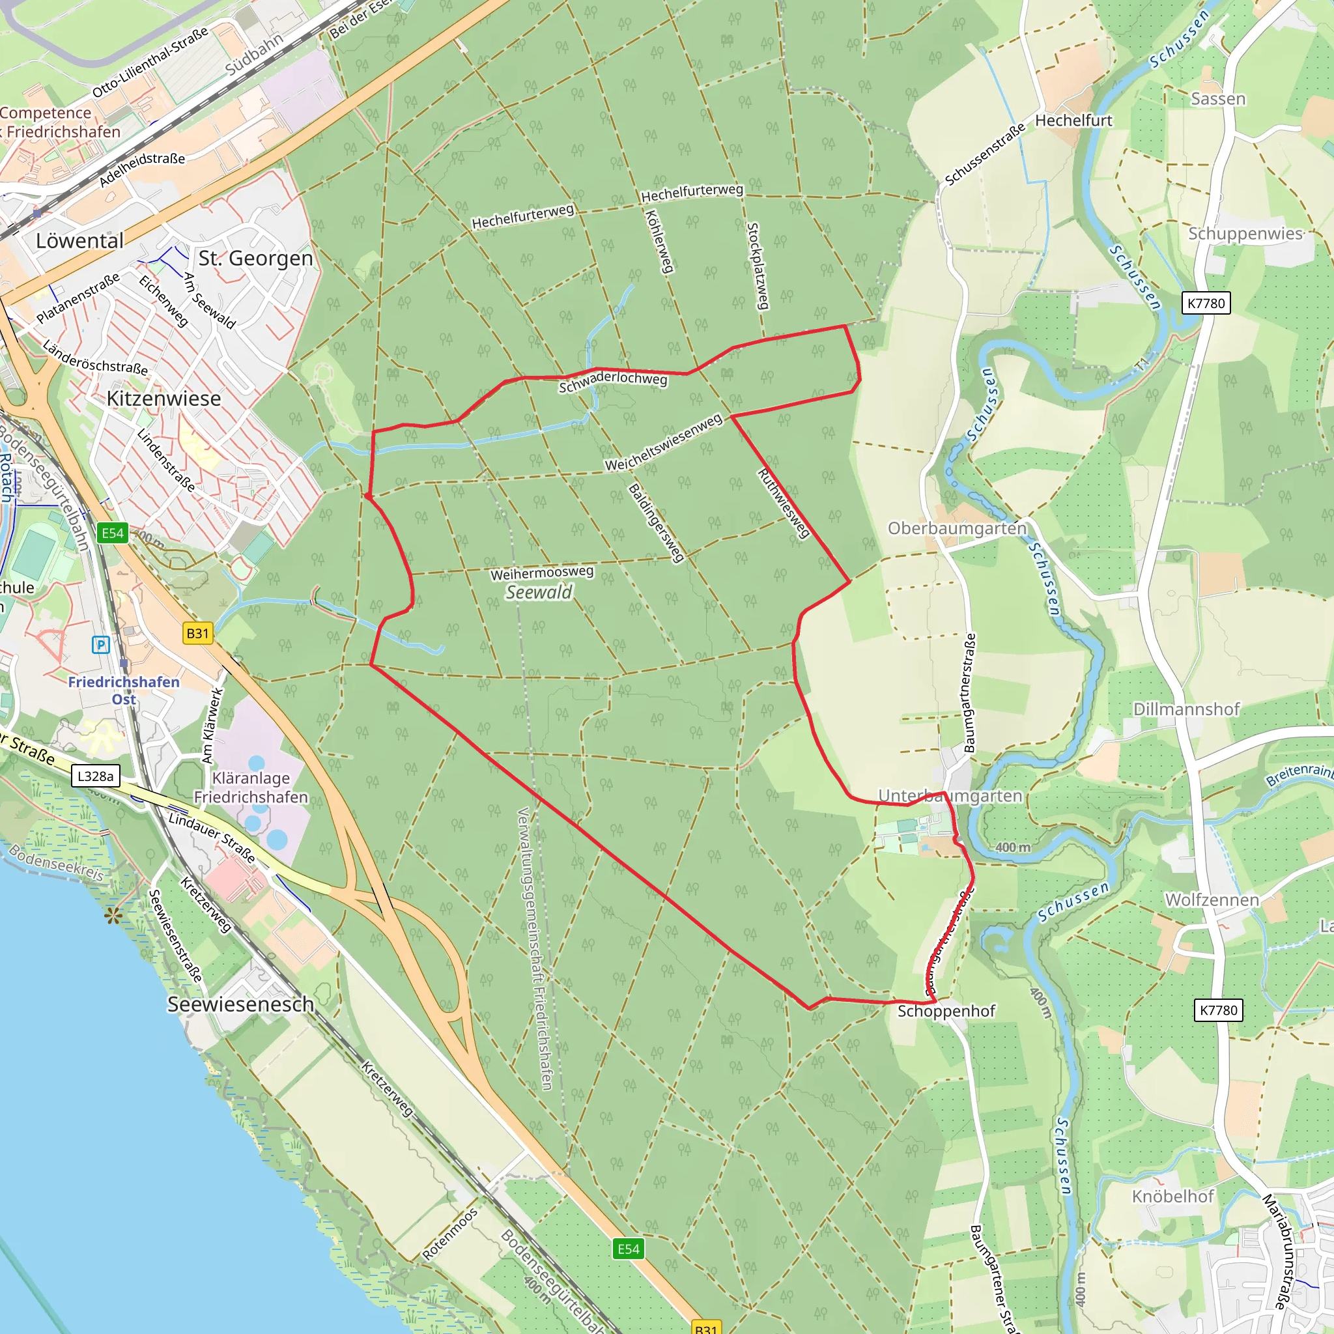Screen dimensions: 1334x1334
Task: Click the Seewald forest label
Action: [539, 593]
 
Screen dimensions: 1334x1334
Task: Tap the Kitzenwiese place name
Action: [163, 399]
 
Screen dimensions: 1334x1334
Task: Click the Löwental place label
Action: [79, 241]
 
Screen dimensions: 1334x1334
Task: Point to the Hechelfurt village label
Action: [1073, 120]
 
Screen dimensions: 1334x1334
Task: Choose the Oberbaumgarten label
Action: [957, 528]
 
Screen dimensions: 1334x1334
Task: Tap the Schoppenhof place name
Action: [946, 1011]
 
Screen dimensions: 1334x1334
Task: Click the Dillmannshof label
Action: [1186, 709]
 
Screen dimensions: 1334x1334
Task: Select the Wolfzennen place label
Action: [1212, 900]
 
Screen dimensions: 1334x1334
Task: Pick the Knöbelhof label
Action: [1172, 1196]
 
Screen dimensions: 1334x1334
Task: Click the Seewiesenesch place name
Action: [240, 1004]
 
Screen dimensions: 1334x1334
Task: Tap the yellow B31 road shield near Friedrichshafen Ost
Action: [197, 633]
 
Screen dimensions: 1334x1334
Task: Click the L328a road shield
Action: [95, 776]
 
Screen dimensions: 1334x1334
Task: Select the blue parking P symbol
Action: [101, 645]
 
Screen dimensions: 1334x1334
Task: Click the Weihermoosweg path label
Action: [542, 573]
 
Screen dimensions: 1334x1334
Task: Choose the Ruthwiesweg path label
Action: [783, 504]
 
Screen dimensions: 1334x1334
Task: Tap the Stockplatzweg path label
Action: [758, 266]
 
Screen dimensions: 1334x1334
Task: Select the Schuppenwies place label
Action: [1245, 233]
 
